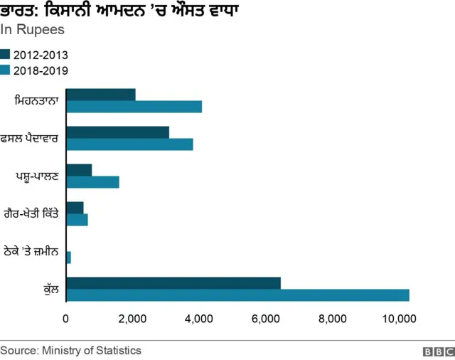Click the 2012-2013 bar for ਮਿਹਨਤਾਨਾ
[100, 95]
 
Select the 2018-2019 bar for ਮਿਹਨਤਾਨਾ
[134, 107]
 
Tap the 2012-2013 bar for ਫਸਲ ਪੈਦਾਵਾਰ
[117, 132]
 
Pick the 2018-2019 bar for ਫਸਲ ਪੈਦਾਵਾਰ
[129, 144]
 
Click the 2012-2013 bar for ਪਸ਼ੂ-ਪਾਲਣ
[79, 169]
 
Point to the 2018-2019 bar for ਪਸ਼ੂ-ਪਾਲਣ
[92, 181]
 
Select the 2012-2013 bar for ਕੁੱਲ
[173, 282]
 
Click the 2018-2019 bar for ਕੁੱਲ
[237, 295]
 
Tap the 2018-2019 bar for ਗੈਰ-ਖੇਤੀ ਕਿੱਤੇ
[77, 220]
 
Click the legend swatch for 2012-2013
[6, 55]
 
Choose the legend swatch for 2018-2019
[6, 70]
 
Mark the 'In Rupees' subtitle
[33, 30]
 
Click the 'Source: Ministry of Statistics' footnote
[71, 350]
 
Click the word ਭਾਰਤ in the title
[19, 11]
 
